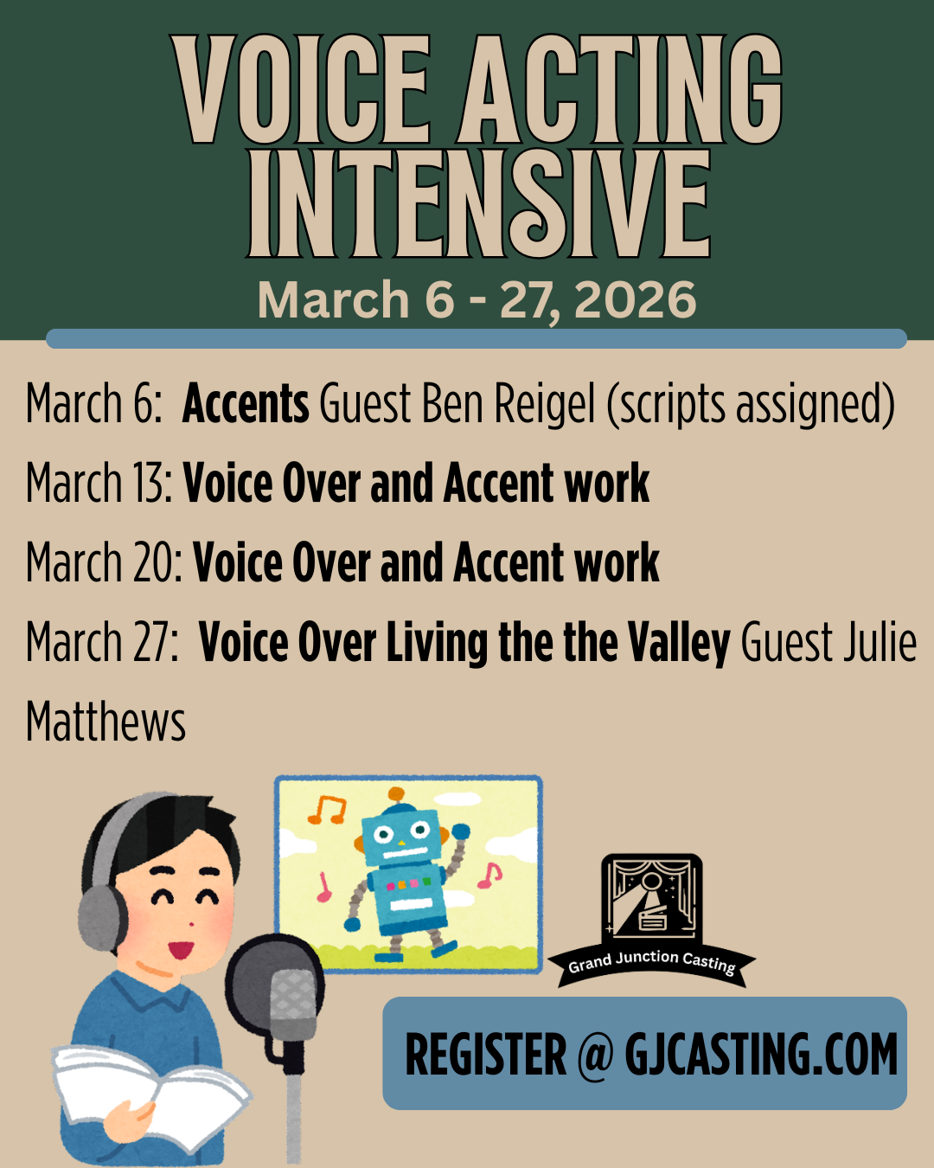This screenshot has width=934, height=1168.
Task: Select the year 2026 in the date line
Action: coord(635,300)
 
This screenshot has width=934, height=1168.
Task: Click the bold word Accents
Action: coord(246,404)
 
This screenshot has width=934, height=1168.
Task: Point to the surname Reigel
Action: coord(545,404)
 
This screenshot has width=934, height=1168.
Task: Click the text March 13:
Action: coord(99,483)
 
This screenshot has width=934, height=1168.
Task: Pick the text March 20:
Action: coord(104,563)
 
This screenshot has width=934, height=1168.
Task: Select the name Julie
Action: coord(874,643)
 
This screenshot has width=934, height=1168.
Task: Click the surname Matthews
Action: coord(106,722)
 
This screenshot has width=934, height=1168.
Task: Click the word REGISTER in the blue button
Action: coord(485,1055)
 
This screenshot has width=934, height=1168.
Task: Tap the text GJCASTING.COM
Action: coord(761,1055)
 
